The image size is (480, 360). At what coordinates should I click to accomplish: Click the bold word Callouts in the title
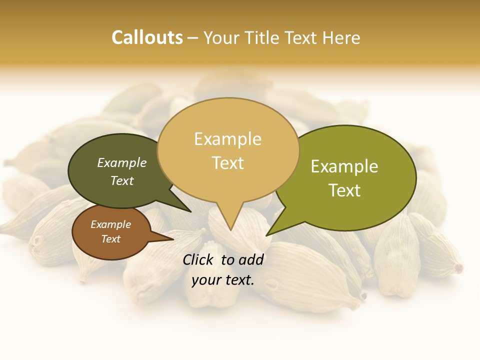point(147,37)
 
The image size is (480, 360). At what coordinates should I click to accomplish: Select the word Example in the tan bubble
point(227,139)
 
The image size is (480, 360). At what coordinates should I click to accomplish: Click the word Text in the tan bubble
point(227,163)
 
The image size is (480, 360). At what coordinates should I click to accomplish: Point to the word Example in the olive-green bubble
point(344,166)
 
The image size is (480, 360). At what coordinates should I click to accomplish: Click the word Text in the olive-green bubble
point(344,190)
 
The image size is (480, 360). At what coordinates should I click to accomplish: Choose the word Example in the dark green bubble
point(122,162)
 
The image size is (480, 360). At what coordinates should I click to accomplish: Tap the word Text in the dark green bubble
point(122,180)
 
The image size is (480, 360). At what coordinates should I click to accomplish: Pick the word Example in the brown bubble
point(110,224)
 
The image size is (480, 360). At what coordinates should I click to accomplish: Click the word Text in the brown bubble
point(110,239)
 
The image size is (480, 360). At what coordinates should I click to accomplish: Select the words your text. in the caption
point(223,280)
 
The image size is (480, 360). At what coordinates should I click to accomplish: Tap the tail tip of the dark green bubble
point(190,211)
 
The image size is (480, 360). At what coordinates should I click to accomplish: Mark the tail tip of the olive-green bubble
point(266,235)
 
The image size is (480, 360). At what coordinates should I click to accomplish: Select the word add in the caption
point(252,259)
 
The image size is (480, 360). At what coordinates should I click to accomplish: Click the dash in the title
point(193,37)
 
